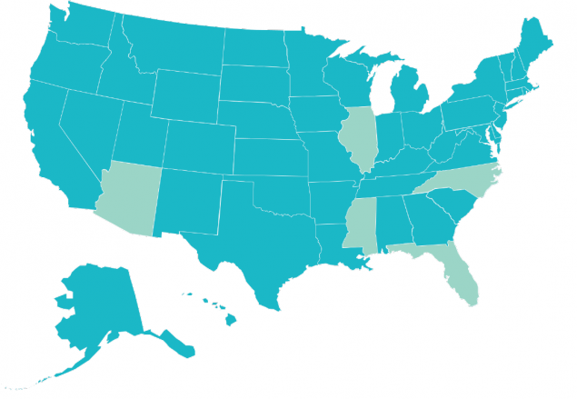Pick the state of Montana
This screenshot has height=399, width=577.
pyautogui.click(x=173, y=49)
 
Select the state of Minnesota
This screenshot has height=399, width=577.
pyautogui.click(x=309, y=64)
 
